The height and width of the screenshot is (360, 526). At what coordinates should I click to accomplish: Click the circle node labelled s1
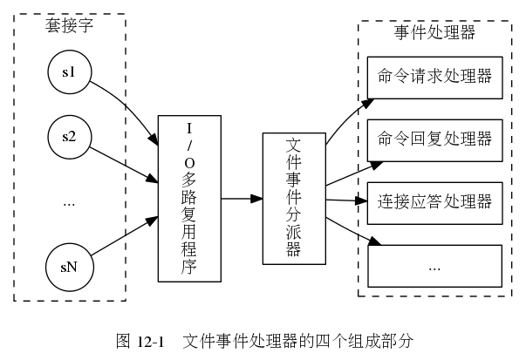pyautogui.click(x=70, y=73)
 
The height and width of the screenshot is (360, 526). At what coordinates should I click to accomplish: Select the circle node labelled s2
pyautogui.click(x=70, y=137)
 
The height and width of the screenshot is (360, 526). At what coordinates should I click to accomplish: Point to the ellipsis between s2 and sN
pyautogui.click(x=70, y=201)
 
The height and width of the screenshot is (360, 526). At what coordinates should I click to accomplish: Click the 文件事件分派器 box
pyautogui.click(x=293, y=199)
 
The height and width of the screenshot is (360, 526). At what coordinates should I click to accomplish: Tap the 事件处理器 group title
pyautogui.click(x=434, y=33)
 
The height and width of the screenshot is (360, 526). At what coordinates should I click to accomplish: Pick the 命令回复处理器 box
pyautogui.click(x=434, y=139)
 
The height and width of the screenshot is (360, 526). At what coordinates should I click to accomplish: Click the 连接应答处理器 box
pyautogui.click(x=434, y=202)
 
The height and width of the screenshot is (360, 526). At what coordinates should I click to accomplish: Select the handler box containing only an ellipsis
pyautogui.click(x=434, y=266)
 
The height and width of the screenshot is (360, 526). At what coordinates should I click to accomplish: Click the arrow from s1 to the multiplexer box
pyautogui.click(x=131, y=105)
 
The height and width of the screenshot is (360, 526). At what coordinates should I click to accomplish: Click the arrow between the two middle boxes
pyautogui.click(x=242, y=199)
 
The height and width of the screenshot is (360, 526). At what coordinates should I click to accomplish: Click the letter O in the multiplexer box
pyautogui.click(x=189, y=161)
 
